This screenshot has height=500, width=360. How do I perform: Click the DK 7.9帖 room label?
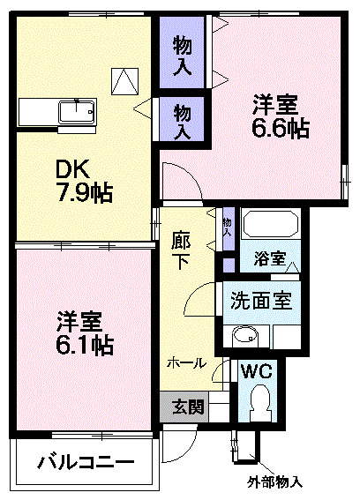(85, 182)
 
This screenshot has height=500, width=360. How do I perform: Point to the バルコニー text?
(86, 462)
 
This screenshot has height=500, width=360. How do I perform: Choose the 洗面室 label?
(260, 300)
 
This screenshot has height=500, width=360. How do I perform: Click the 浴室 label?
(269, 259)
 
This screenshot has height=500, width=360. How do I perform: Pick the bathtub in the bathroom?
(271, 227)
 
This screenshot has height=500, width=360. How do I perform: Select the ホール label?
(186, 362)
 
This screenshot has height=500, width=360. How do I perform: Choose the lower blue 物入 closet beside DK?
(183, 121)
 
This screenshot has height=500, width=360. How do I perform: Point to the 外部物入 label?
(274, 482)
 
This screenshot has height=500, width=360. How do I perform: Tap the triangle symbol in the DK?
(124, 80)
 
